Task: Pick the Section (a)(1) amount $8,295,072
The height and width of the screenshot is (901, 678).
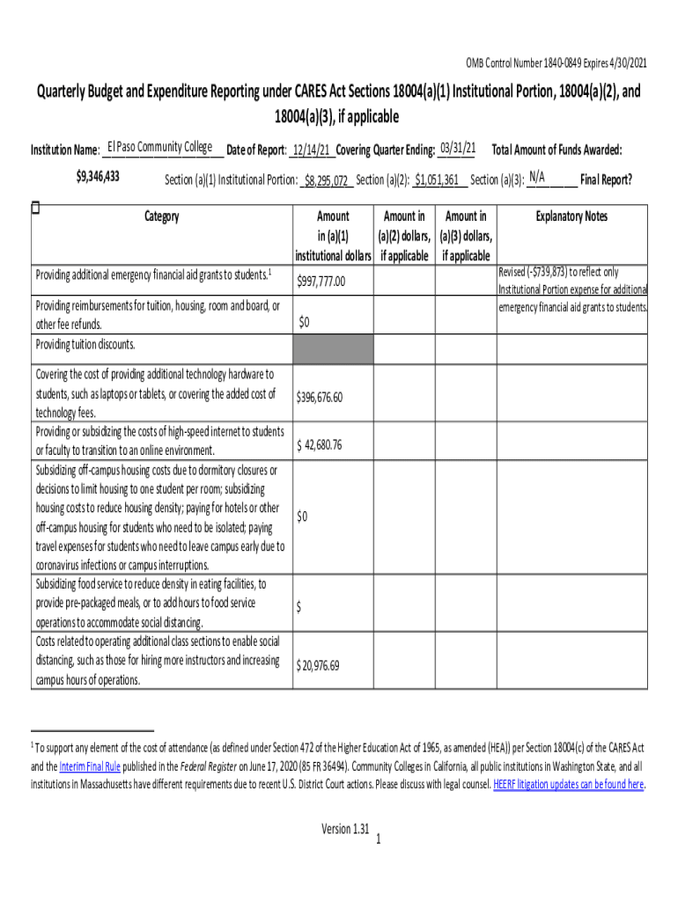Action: tap(328, 181)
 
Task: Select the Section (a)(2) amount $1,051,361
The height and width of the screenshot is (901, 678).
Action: tap(439, 181)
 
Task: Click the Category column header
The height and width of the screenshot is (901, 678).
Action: tap(161, 216)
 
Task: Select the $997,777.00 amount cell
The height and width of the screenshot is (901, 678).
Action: tap(321, 282)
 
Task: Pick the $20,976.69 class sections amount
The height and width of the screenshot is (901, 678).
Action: tap(318, 665)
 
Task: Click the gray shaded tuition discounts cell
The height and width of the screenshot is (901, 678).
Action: tap(333, 348)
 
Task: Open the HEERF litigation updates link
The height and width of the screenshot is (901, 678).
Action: tap(569, 784)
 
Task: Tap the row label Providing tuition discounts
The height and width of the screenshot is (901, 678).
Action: tap(85, 344)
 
